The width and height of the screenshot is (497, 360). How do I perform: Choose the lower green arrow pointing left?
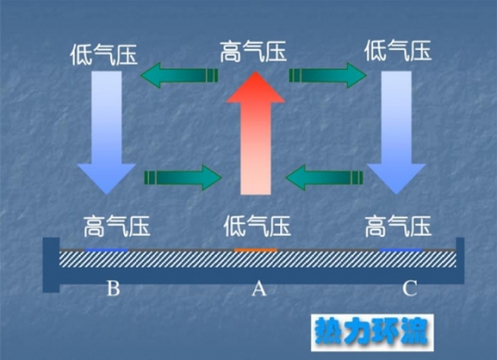tap(322, 178)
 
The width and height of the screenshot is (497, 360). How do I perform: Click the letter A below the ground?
tap(258, 290)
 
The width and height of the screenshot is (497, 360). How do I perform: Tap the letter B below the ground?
tap(113, 290)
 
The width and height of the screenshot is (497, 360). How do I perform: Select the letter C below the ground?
tap(410, 290)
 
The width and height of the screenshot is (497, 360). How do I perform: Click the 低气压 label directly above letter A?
tap(257, 224)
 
